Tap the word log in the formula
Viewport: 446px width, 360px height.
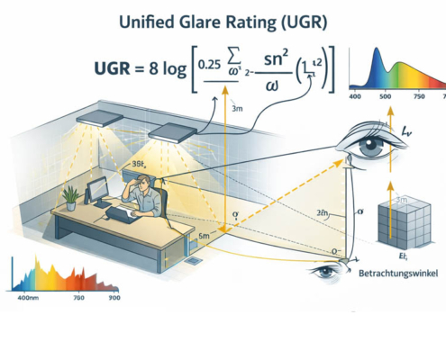[x=176, y=69]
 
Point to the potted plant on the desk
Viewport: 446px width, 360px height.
[x=69, y=196]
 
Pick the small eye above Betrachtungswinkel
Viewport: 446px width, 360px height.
[x=323, y=271]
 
